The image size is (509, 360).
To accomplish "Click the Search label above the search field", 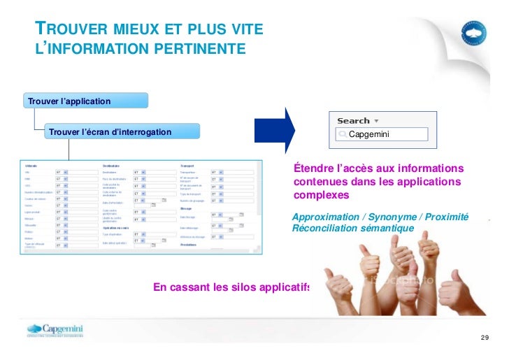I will point(353,121).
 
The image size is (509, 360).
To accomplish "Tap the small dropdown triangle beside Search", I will point(377,121).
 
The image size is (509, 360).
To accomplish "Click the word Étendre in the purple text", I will point(314,168).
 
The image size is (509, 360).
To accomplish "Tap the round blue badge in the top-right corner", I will point(476,32).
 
